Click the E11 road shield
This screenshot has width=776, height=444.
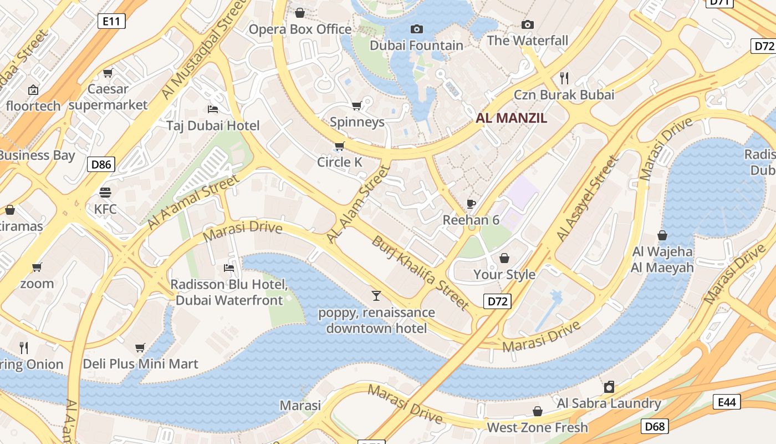click(x=111, y=21)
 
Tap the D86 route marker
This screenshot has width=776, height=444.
click(x=101, y=164)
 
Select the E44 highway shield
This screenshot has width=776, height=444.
click(x=727, y=402)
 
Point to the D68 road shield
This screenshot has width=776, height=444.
click(x=655, y=426)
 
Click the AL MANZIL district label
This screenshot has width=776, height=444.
click(x=511, y=118)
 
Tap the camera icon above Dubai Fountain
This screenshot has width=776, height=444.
click(x=417, y=29)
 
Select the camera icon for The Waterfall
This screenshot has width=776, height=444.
click(x=528, y=24)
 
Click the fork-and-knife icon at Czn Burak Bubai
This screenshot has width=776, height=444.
click(x=564, y=78)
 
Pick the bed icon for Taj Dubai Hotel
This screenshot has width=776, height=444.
click(x=213, y=109)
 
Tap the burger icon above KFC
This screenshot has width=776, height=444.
click(x=105, y=193)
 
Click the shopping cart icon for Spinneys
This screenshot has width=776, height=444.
click(x=357, y=105)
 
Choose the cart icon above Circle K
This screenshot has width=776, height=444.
click(x=339, y=146)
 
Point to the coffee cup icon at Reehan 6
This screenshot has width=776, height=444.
click(x=471, y=204)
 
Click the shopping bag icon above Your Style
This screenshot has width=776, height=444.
click(x=504, y=258)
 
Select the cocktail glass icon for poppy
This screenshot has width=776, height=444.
click(x=376, y=296)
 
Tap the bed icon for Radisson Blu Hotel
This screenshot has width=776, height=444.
click(x=229, y=268)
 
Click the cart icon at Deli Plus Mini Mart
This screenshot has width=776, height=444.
click(x=140, y=347)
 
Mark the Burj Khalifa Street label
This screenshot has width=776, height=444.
click(x=421, y=273)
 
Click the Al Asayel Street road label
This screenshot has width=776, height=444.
click(x=587, y=199)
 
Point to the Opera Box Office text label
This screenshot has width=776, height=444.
click(x=300, y=29)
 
